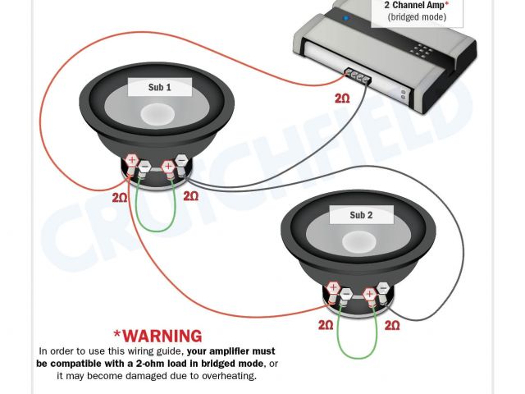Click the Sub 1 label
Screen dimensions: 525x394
pos(160,87)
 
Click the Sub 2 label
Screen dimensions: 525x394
pos(361,215)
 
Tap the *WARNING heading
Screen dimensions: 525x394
pos(157,336)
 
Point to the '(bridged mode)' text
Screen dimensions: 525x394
pos(417,17)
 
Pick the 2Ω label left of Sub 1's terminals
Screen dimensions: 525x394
pos(121,197)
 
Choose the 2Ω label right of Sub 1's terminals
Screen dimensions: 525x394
pos(190,196)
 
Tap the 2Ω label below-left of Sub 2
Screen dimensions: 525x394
pos(326,325)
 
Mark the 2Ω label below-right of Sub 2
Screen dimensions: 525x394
pos(392,325)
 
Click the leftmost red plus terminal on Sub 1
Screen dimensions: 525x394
pos(131,160)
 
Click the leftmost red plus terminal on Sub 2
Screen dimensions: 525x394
pos(333,287)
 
